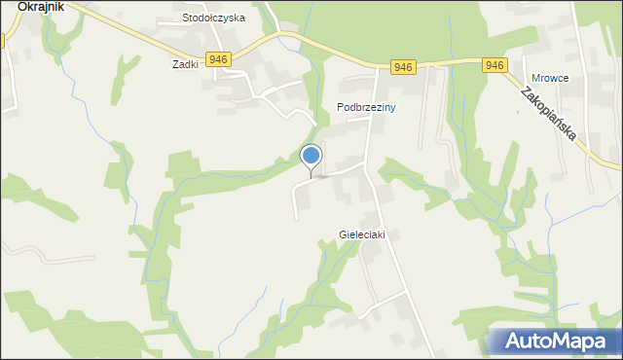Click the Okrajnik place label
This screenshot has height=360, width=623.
pyautogui.click(x=34, y=6)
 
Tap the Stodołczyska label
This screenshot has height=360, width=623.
pyautogui.click(x=214, y=18)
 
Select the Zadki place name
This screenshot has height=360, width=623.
pyautogui.click(x=185, y=63)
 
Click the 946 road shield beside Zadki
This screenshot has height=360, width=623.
pyautogui.click(x=218, y=59)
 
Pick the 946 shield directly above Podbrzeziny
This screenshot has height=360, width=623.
pyautogui.click(x=404, y=67)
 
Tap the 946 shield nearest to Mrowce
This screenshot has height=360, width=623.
pyautogui.click(x=495, y=65)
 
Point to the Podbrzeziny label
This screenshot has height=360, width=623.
pyautogui.click(x=366, y=108)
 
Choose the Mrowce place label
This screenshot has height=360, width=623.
pyautogui.click(x=550, y=78)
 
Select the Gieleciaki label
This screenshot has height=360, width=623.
pyautogui.click(x=368, y=234)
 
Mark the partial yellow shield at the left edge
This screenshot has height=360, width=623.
pyautogui.click(x=3, y=41)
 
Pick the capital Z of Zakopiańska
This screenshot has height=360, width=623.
pyautogui.click(x=526, y=94)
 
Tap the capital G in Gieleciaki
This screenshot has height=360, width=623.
pyautogui.click(x=343, y=234)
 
